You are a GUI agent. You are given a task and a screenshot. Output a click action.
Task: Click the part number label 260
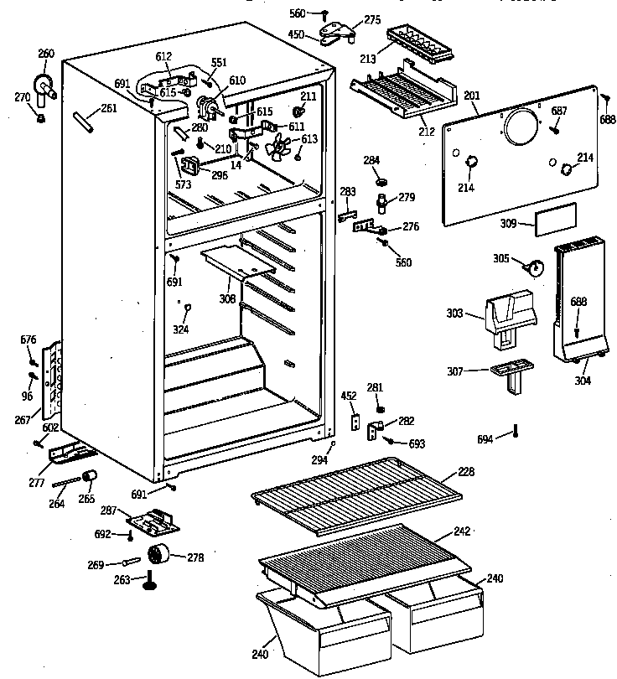tap(46, 54)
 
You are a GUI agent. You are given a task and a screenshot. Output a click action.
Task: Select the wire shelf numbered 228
tap(357, 491)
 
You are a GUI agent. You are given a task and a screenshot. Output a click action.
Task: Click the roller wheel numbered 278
tap(159, 556)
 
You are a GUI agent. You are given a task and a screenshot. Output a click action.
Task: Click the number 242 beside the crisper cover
tap(462, 531)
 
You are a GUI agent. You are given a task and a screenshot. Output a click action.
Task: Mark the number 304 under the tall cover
tap(582, 381)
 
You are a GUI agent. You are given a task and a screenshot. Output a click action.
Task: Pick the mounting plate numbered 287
tap(153, 521)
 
